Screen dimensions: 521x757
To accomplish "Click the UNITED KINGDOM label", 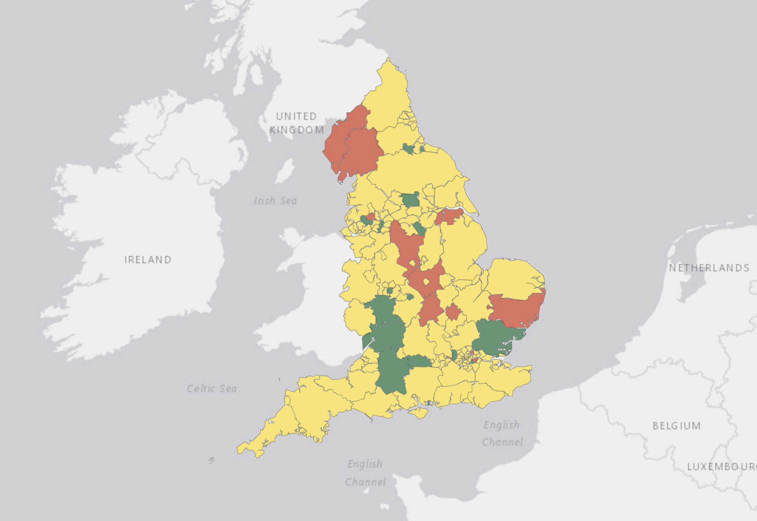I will (x=297, y=123).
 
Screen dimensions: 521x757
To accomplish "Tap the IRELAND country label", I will (x=148, y=260).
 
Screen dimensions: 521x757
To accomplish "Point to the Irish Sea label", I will (x=275, y=201).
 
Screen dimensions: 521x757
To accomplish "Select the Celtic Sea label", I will (x=212, y=388).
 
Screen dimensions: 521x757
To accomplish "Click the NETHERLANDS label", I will (x=709, y=268).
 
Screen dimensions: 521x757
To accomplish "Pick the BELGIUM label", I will (x=676, y=426).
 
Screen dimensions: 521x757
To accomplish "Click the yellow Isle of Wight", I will (x=418, y=413).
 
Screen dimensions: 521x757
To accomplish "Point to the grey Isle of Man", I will (x=285, y=171).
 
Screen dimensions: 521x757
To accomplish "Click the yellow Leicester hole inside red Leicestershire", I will (x=426, y=282).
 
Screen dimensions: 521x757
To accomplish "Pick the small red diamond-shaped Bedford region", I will (x=452, y=312).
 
